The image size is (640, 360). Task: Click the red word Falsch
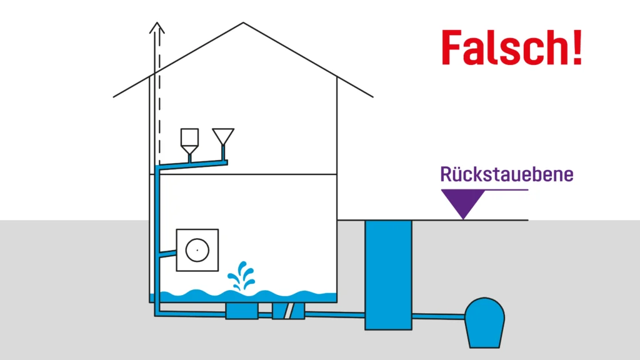tap(503, 47)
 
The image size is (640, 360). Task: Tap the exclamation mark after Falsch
tap(576, 47)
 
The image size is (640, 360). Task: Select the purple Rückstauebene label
tap(506, 174)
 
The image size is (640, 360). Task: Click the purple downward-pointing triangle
tap(462, 202)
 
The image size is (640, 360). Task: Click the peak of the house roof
tap(243, 23)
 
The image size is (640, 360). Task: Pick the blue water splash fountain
tap(241, 277)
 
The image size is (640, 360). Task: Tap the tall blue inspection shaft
tap(388, 275)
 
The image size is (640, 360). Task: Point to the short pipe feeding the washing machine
tap(168, 254)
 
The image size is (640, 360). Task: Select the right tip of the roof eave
tap(372, 97)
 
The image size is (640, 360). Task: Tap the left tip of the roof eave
tap(114, 97)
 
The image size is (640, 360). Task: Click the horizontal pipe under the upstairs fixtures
tap(194, 164)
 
